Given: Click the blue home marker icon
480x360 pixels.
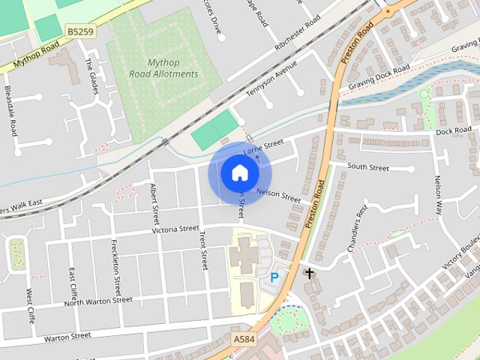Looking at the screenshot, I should (239, 173).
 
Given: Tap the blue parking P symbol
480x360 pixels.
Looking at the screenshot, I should (274, 277).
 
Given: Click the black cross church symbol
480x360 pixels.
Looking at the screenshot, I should (308, 273).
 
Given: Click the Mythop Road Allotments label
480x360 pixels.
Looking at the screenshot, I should (163, 68).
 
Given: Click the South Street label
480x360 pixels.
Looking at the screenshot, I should (368, 167).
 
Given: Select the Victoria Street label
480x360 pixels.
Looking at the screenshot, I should (175, 229).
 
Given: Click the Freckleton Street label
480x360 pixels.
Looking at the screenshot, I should (116, 267).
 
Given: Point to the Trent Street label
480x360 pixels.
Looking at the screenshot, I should (203, 250).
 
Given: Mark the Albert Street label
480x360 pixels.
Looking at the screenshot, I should (155, 204).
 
